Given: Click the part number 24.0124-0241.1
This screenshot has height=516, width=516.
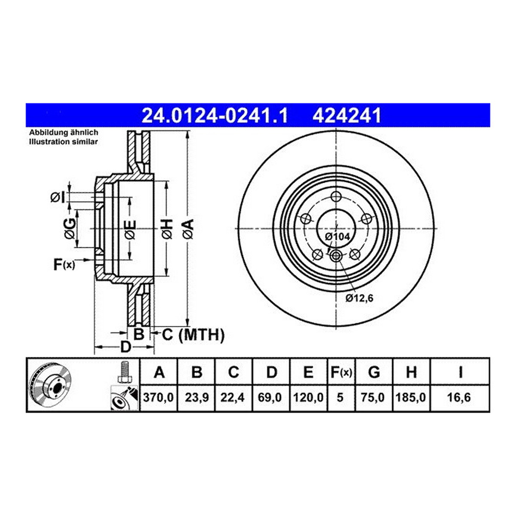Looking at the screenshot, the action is coord(215,116).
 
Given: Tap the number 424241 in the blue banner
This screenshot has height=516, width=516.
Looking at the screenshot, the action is coord(347,116).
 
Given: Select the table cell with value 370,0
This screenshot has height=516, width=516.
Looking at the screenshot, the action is coord(159,397).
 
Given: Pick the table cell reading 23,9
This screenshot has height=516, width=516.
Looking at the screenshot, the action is coord(197,397).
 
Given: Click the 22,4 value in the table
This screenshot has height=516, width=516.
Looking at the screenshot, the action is coord(233,397).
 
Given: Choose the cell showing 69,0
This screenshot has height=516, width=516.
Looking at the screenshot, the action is coord(270,397).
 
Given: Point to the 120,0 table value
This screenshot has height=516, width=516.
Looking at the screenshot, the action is coord(308,397).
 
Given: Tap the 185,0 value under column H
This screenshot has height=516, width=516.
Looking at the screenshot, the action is coord(411,397).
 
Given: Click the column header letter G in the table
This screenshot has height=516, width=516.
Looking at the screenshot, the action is coord(374,372).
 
